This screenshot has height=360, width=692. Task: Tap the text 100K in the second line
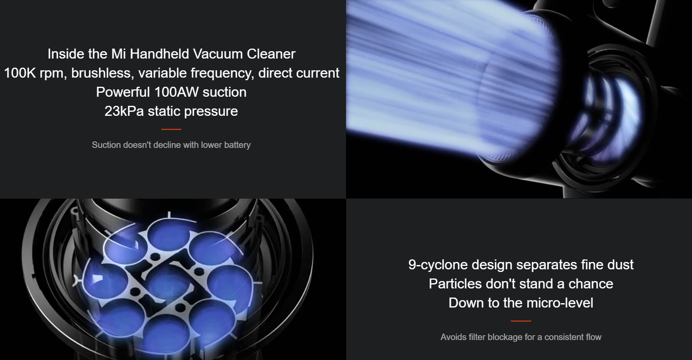[20, 73]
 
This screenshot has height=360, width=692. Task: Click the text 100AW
[176, 92]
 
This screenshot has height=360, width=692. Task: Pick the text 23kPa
[124, 111]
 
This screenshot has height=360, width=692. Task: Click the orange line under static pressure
[171, 129]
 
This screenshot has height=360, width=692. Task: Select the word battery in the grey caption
[238, 145]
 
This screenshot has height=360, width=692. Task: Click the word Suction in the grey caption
[106, 145]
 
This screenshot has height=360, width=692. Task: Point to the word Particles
[455, 284]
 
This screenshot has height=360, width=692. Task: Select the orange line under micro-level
[521, 321]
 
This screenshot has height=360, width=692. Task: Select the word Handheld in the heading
[160, 54]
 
